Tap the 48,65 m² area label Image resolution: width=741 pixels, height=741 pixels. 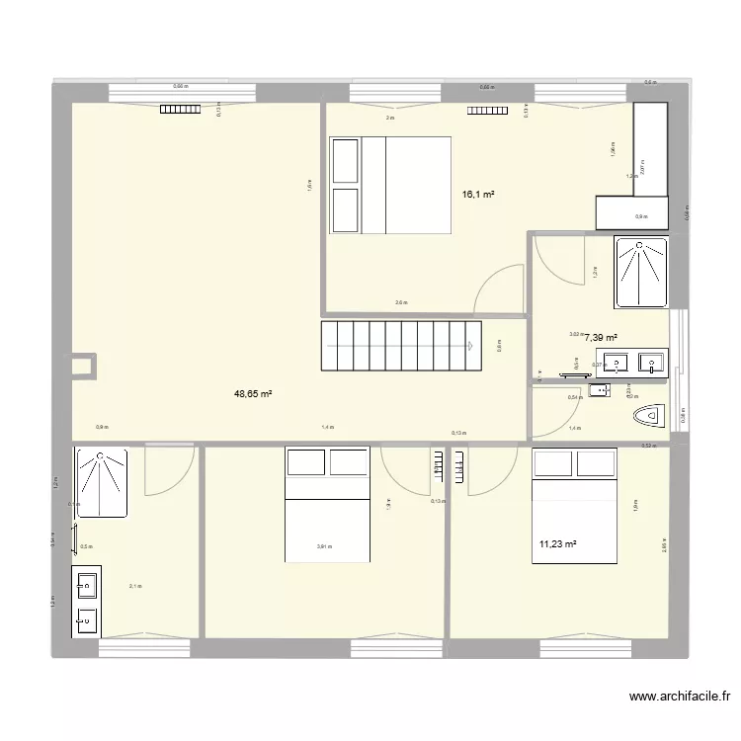coord(253,393)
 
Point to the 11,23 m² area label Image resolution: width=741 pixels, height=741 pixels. coord(558,542)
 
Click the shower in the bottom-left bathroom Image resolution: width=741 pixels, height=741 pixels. coord(101,481)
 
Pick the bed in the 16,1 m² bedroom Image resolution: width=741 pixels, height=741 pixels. coord(390,185)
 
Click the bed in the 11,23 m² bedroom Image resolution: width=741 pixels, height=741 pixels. coord(574,507)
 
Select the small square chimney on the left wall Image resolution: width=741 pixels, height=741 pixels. coord(84,365)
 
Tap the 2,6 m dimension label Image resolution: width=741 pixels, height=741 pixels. coord(400,303)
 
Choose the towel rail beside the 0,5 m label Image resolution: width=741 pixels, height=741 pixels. coord(74,538)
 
